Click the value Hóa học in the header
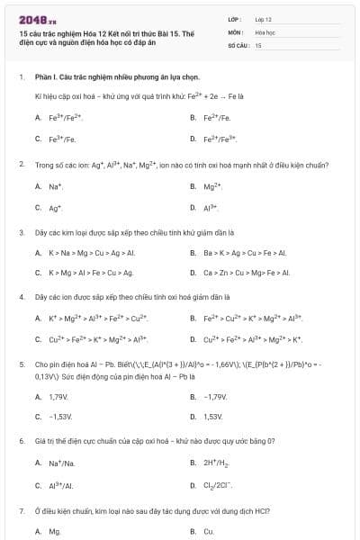click(x=264, y=31)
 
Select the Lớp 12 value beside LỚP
click(x=263, y=18)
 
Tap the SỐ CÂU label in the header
click(x=237, y=44)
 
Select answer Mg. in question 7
click(x=54, y=531)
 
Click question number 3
click(x=21, y=232)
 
